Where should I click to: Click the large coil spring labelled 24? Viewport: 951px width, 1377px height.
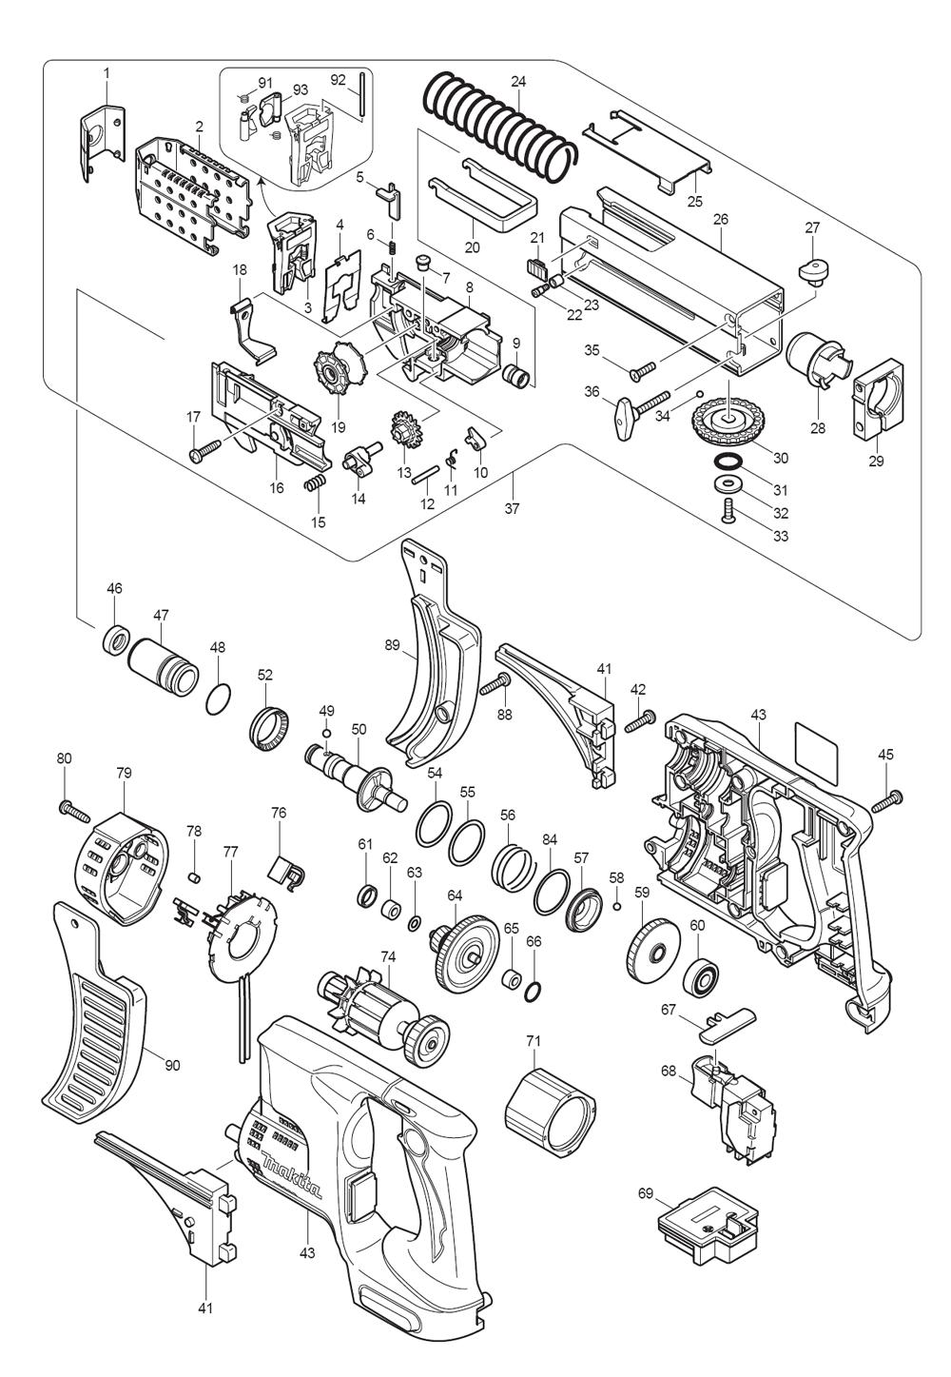pos(499,128)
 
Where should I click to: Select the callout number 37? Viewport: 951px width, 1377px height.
pos(513,509)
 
